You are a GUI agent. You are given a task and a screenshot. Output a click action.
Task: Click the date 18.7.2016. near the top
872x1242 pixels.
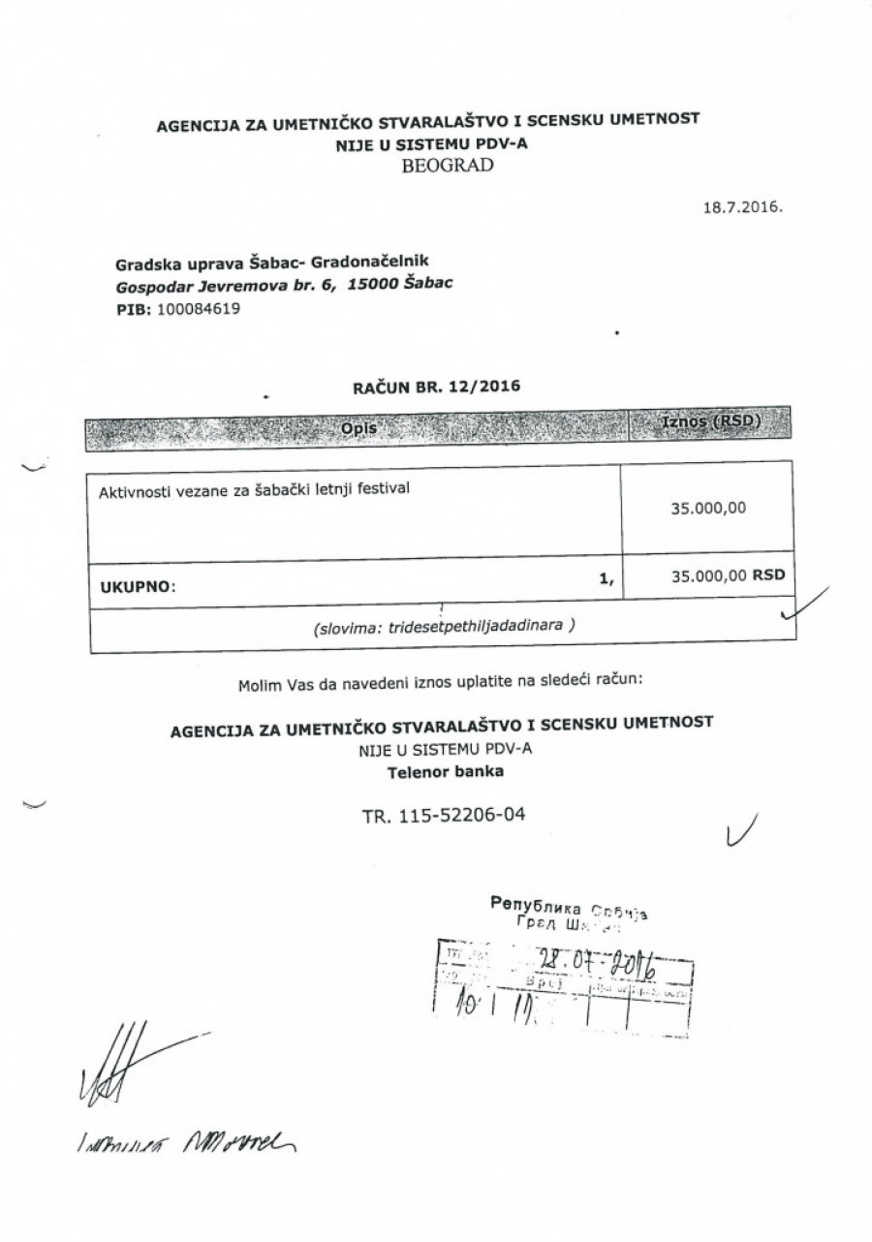[743, 207]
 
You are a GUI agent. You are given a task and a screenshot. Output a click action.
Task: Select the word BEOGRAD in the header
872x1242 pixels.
[446, 165]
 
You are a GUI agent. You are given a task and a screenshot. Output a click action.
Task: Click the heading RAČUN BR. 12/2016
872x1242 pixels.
[436, 386]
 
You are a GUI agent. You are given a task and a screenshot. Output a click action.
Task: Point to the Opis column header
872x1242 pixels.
[356, 426]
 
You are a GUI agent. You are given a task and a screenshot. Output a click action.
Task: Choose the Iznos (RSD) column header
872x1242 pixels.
[709, 423]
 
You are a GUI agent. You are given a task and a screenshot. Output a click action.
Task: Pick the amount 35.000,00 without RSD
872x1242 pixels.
[708, 506]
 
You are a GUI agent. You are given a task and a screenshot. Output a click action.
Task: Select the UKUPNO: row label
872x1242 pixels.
[139, 586]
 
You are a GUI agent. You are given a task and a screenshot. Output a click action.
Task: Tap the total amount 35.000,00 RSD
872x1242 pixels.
[727, 575]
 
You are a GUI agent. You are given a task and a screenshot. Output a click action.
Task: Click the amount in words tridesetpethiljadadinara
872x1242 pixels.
[445, 626]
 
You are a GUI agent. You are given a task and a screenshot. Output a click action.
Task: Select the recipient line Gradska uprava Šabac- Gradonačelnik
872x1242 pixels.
[272, 263]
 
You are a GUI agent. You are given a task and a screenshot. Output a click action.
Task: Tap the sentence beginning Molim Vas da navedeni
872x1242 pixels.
[439, 687]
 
